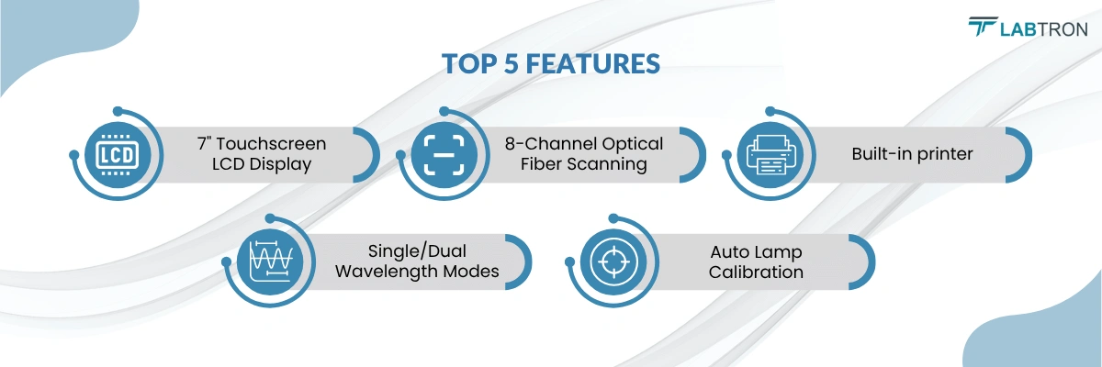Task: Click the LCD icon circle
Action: (x=118, y=155)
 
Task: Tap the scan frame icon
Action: (x=444, y=155)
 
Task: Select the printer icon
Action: (x=770, y=155)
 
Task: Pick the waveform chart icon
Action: (x=270, y=261)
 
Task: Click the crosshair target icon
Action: (x=613, y=261)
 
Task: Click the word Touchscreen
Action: (x=271, y=143)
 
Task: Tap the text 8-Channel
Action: (x=543, y=143)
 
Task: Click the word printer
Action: (x=945, y=154)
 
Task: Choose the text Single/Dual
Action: (x=417, y=251)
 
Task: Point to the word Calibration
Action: (x=756, y=272)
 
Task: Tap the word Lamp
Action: (x=782, y=252)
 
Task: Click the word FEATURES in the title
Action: (x=593, y=64)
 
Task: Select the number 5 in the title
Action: (x=512, y=64)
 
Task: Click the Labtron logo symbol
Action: (x=982, y=27)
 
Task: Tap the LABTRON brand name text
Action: (x=1043, y=29)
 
